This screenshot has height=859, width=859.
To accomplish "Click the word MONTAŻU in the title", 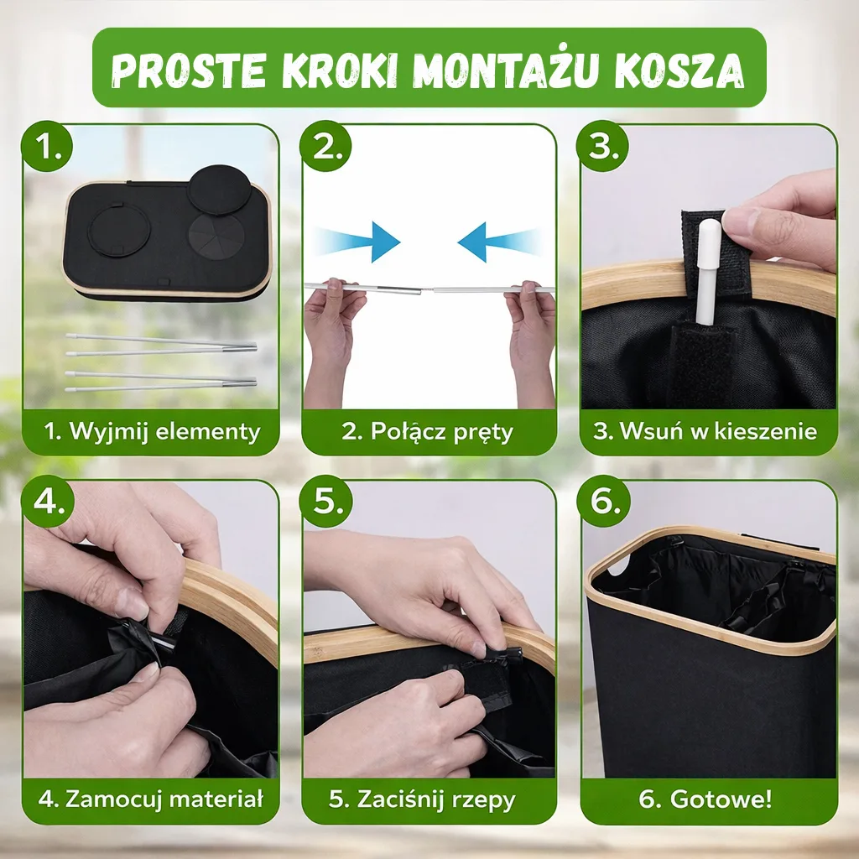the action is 502,70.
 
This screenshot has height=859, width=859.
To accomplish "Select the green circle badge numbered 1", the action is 47,146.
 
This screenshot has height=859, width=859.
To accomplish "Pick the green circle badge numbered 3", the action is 602,146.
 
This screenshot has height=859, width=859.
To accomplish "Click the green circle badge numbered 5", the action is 325,501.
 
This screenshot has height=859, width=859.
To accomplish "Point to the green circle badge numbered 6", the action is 602,501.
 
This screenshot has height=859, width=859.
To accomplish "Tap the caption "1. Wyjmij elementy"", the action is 152,432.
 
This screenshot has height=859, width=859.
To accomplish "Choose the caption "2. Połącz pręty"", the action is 427,432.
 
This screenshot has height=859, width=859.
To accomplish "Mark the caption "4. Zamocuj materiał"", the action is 151,799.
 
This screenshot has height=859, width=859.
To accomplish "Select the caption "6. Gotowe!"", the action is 705,799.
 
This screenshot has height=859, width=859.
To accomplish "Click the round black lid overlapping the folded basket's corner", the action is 220,189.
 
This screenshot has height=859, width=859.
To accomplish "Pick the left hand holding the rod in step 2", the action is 332,340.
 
